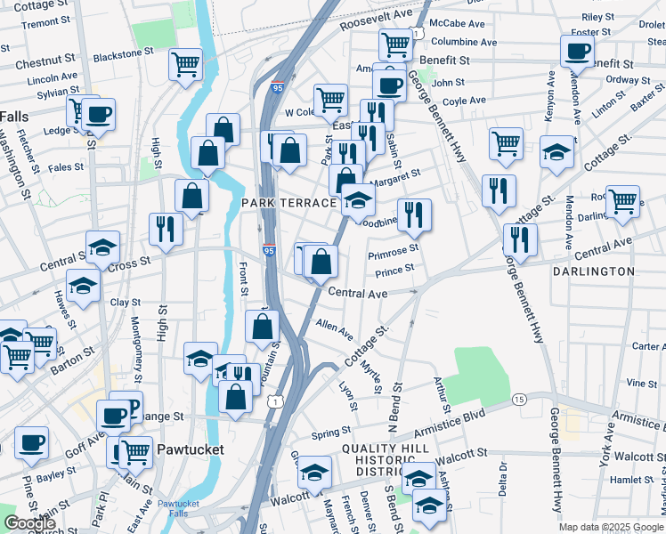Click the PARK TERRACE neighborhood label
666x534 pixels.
click(288, 204)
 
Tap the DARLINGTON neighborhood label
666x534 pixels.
click(594, 271)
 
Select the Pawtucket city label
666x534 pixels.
click(189, 450)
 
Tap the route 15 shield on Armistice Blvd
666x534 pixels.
click(518, 400)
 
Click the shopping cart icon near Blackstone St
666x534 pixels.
click(185, 64)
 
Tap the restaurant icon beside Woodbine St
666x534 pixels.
click(414, 214)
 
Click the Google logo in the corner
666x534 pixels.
click(30, 523)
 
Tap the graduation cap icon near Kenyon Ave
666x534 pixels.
click(556, 151)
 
